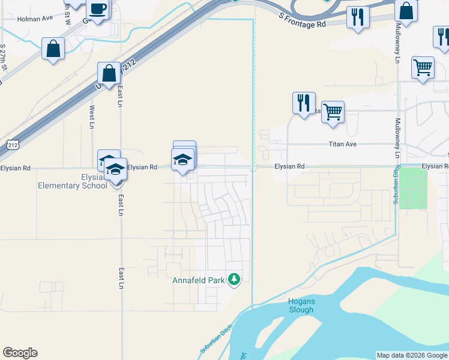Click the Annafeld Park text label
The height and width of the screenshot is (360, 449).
(x=197, y=280)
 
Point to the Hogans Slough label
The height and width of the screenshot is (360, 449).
(x=301, y=305)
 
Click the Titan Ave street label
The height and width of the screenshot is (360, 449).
(x=342, y=145)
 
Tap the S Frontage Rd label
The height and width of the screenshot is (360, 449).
(x=303, y=20)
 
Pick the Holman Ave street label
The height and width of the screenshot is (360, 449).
(x=35, y=19)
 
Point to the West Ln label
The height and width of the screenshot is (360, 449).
(x=92, y=117)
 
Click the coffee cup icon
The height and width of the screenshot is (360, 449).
(x=98, y=10)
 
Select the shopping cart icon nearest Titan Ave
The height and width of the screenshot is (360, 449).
(x=333, y=111)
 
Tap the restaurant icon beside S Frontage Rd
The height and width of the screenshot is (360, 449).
(x=358, y=17)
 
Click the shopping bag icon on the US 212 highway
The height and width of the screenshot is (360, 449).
(x=110, y=73)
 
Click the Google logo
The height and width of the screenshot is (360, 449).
(x=20, y=353)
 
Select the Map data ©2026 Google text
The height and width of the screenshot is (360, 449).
(x=412, y=355)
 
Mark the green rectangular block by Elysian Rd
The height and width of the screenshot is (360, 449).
(x=413, y=188)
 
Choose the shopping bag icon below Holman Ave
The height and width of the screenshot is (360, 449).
(x=53, y=49)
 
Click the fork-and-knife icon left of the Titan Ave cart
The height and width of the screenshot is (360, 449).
(x=304, y=102)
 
